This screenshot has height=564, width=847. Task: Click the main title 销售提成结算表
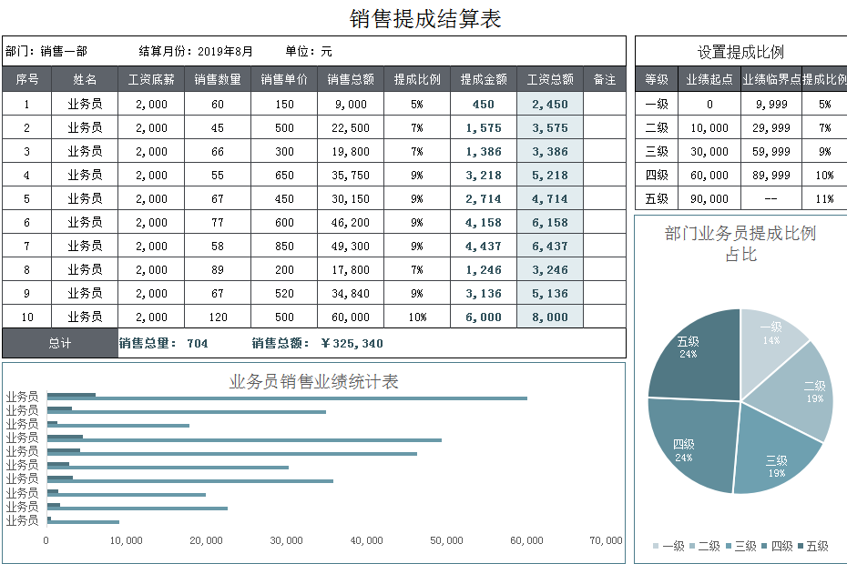[425, 18]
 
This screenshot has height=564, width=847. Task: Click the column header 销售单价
[284, 80]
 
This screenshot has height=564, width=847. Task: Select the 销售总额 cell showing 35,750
[351, 176]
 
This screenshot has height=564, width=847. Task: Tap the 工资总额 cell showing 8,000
[550, 317]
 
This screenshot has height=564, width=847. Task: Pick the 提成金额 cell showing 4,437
[484, 247]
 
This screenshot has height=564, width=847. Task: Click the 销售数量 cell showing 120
[218, 317]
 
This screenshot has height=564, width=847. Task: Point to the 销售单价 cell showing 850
[284, 247]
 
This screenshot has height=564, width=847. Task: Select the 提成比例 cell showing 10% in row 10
[417, 317]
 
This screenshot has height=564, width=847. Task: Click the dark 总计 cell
[60, 343]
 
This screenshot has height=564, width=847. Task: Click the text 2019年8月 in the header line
[225, 52]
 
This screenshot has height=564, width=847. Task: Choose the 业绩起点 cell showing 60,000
[709, 176]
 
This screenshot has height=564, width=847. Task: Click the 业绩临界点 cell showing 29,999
[771, 128]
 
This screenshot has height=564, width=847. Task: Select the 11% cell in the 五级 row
[824, 199]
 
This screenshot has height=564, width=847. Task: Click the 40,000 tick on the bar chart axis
[366, 540]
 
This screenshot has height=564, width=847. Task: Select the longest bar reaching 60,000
[287, 398]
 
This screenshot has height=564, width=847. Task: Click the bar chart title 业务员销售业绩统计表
[313, 381]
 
